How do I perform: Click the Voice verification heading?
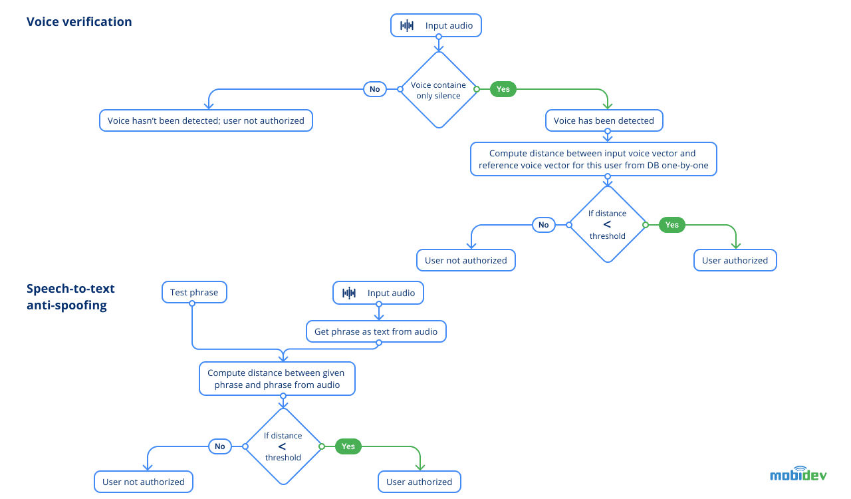point(79,22)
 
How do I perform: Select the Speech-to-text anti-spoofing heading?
point(70,297)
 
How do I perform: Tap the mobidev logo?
point(798,474)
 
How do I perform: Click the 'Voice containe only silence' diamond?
point(438,90)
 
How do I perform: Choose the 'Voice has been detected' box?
point(604,120)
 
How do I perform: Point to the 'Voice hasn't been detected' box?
point(205,120)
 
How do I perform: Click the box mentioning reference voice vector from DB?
point(593,159)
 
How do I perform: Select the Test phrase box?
point(194,292)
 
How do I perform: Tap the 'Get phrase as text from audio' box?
point(376,331)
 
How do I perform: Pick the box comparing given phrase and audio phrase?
point(277,379)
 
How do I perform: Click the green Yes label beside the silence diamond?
point(503,89)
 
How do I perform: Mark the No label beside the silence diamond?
point(375,89)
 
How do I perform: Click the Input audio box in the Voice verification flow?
point(436,26)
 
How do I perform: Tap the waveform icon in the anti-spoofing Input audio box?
point(349,293)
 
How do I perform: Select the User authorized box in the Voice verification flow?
point(735,260)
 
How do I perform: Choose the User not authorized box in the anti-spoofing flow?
point(144,482)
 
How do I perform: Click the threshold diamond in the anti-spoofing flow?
point(283,446)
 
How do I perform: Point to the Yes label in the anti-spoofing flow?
point(348,446)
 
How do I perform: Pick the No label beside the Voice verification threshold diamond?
point(544,225)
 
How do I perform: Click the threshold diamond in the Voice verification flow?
point(607,224)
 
